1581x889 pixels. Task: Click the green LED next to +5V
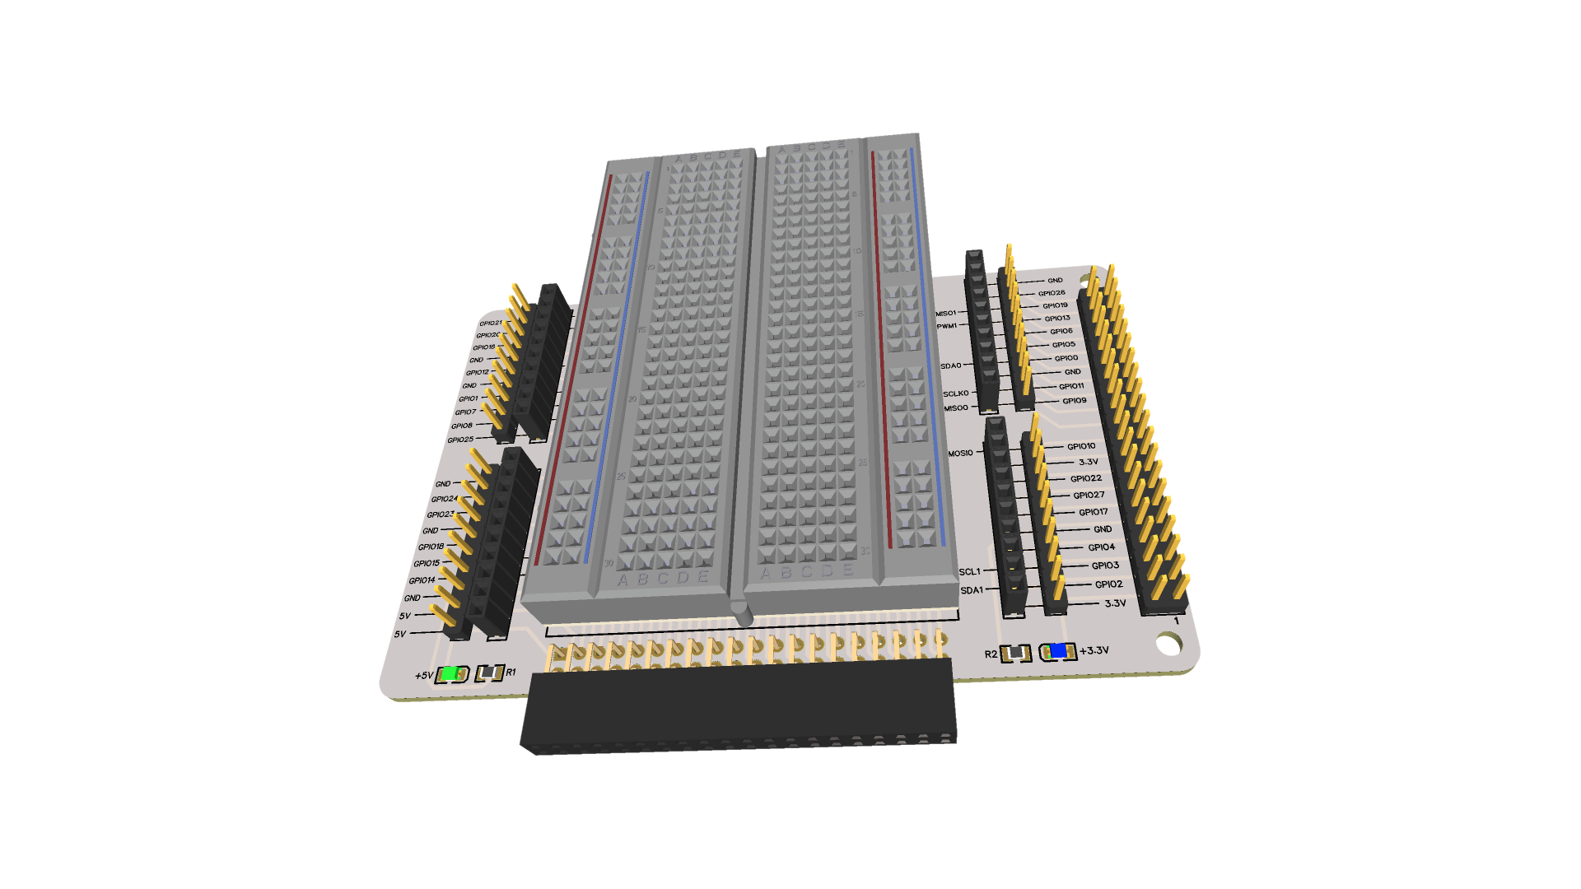[x=450, y=674]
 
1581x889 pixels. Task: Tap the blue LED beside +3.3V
[x=1058, y=651]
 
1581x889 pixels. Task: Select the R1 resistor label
[x=511, y=673]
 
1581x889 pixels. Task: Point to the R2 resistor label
[x=991, y=654]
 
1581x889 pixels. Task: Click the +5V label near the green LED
[x=423, y=676]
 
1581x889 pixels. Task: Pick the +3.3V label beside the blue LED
[x=1094, y=650]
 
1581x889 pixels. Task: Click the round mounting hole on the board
[x=1168, y=644]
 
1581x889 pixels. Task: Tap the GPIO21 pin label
[x=490, y=323]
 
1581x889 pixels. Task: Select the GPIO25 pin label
[x=460, y=440]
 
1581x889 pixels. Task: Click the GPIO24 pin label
[x=444, y=499]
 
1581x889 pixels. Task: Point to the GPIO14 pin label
[x=422, y=580]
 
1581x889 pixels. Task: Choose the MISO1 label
[x=946, y=313]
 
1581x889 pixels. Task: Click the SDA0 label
[x=950, y=365]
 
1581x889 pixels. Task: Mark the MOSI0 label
[x=960, y=453]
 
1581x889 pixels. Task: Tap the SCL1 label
[x=969, y=571]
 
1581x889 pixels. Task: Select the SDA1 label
[x=972, y=590]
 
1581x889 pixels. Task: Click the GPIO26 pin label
[x=1052, y=293]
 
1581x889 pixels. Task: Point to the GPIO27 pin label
[x=1089, y=495]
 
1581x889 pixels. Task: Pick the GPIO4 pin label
[x=1101, y=547]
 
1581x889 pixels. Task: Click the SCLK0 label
[x=955, y=393]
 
